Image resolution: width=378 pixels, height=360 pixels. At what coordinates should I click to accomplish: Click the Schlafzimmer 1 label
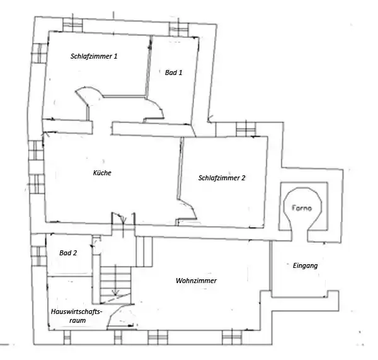tap(94, 56)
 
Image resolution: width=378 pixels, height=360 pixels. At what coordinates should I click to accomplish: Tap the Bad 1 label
tap(174, 73)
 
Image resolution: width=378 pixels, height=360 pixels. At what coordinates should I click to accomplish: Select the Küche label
tap(101, 172)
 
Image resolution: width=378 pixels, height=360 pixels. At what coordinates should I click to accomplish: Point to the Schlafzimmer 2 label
tap(221, 178)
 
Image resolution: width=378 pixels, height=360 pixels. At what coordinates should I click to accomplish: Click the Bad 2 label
tap(68, 253)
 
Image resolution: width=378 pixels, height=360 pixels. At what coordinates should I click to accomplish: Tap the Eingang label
tap(306, 266)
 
